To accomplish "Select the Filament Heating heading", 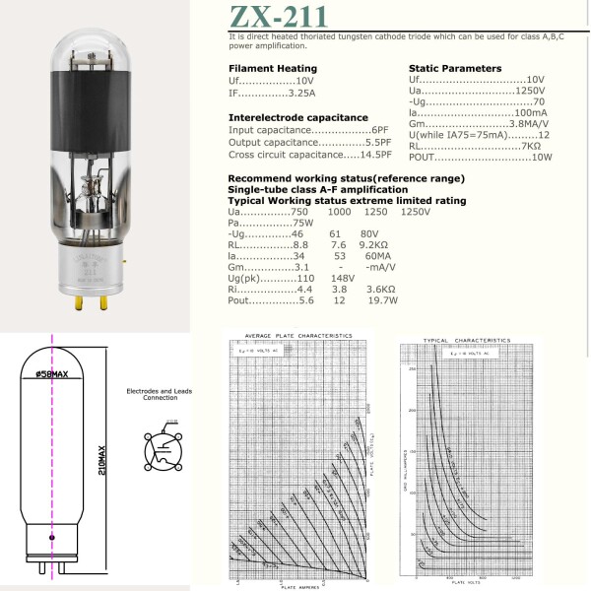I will point(273,68).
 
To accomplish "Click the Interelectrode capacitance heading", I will point(298,117).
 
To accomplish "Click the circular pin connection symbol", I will point(163,451).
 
